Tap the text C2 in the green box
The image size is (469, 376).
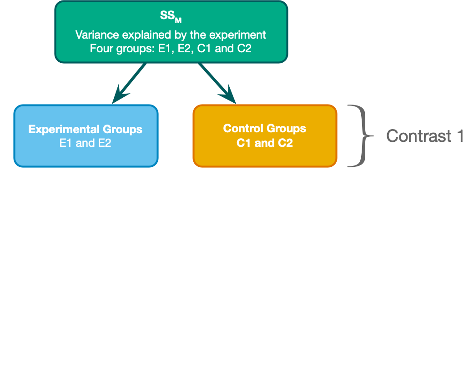click(244, 48)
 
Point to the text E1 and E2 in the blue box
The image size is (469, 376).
click(86, 143)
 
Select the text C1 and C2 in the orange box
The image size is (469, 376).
click(265, 143)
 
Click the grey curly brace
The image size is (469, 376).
click(362, 136)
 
